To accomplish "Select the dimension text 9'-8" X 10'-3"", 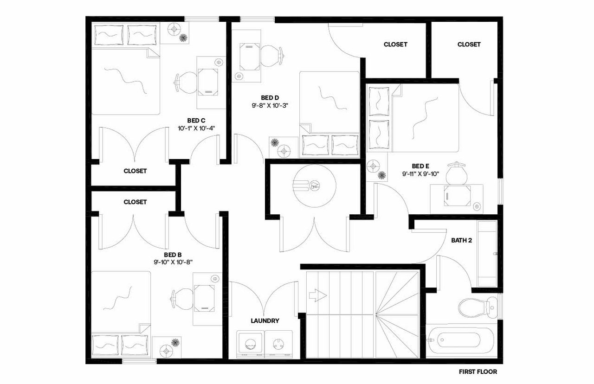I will click(270, 105).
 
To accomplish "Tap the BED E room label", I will click(421, 166).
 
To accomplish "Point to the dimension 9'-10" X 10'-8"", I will click(173, 262).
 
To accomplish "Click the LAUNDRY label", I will click(265, 320).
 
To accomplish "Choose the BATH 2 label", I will click(461, 240).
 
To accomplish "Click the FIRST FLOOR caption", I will click(478, 371).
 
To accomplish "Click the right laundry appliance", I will click(279, 345).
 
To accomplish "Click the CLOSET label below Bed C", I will click(135, 171).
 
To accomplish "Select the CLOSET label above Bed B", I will click(135, 202).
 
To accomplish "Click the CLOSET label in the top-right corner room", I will click(469, 45).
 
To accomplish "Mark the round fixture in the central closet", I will click(315, 186).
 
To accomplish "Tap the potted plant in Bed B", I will click(175, 343).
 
